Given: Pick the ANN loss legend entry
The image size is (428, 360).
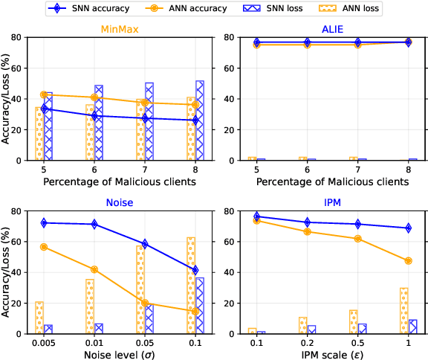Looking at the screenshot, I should pos(357,9).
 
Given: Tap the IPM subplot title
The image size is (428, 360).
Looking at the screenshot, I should pos(331,202).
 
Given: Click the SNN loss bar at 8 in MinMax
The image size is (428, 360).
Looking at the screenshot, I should pos(200,120).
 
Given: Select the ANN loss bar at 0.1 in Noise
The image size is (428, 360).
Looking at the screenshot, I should pos(191,285).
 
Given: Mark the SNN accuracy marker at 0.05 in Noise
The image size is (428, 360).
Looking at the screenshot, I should pos(145,244).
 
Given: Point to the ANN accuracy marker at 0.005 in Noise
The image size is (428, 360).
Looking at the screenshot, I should pos(44,247).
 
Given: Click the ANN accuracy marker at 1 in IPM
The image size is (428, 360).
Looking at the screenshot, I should pos(408,261).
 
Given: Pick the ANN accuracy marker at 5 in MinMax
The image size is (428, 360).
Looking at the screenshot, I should pos(44,95).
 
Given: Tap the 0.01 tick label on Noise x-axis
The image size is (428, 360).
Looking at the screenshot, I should pos(94,343).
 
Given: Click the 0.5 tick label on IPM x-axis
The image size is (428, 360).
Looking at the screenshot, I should pos(357,343).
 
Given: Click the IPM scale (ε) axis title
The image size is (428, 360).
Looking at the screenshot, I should pos(331,354).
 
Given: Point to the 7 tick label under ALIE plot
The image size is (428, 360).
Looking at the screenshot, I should pos(357,170).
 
